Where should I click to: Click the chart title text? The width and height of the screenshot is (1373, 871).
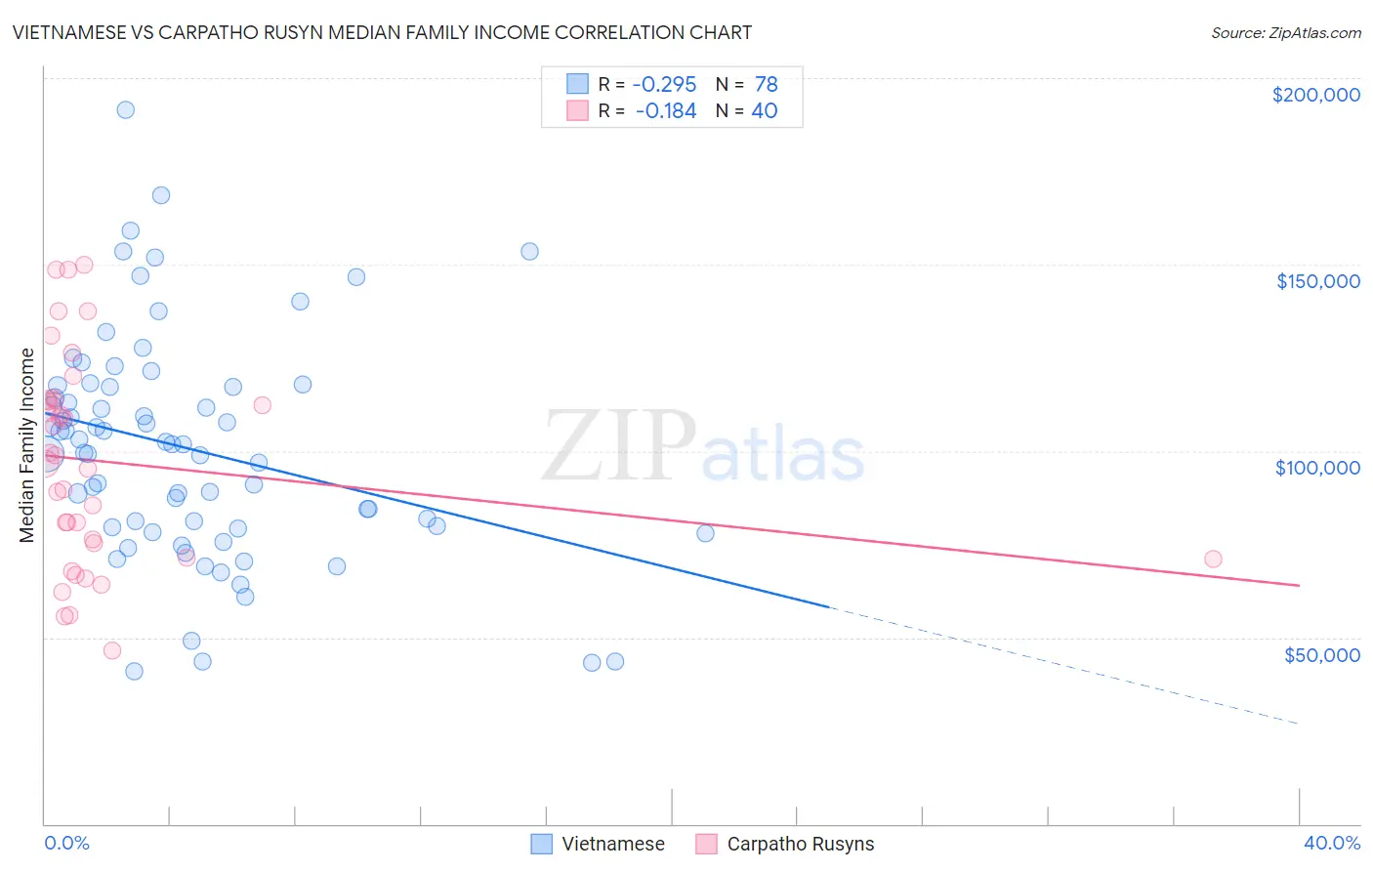tap(382, 32)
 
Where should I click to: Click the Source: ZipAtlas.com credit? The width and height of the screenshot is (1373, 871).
tap(1285, 33)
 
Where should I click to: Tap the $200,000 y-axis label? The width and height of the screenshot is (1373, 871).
tap(1315, 95)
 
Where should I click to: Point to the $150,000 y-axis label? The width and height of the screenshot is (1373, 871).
tap(1317, 281)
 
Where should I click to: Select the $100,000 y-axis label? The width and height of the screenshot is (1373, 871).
tap(1317, 468)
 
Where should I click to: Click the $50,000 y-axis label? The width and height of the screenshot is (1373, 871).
tap(1321, 654)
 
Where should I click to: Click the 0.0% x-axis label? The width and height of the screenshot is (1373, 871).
tap(66, 843)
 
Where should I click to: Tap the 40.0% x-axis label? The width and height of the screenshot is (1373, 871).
tap(1331, 843)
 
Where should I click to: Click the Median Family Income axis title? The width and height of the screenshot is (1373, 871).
tap(27, 445)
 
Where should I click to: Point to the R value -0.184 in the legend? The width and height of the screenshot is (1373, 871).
tap(665, 111)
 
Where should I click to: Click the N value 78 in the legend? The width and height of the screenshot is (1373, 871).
tap(766, 85)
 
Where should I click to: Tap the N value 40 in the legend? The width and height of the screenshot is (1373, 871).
tap(764, 111)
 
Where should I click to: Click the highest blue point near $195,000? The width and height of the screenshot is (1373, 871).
tap(125, 109)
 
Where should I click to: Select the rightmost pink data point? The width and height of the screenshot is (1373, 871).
tap(1213, 560)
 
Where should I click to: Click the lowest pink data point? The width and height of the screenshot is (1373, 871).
tap(112, 650)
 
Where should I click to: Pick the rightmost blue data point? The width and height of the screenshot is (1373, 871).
tap(705, 533)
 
